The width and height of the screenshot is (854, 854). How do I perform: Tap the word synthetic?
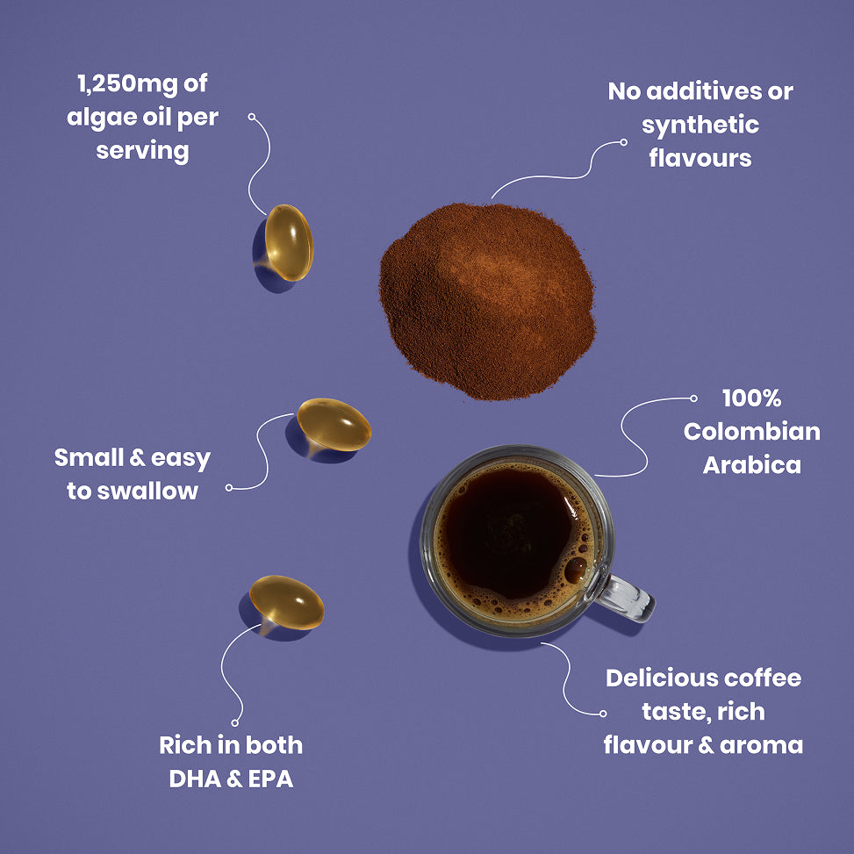coord(700,125)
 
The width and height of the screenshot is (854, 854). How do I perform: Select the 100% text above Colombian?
coord(751,398)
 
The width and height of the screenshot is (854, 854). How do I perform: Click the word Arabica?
coord(751,464)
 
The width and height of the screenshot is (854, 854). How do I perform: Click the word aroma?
coord(762,745)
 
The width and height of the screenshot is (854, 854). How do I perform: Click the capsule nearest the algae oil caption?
coord(288,242)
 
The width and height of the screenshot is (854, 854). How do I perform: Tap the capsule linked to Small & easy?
coord(334,424)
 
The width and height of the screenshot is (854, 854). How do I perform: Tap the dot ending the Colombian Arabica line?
coord(693,398)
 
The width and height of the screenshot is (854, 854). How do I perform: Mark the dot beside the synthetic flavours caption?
coord(624,141)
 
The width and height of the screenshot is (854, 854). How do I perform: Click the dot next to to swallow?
coord(229,487)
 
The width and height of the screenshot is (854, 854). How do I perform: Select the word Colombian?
coord(751,431)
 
